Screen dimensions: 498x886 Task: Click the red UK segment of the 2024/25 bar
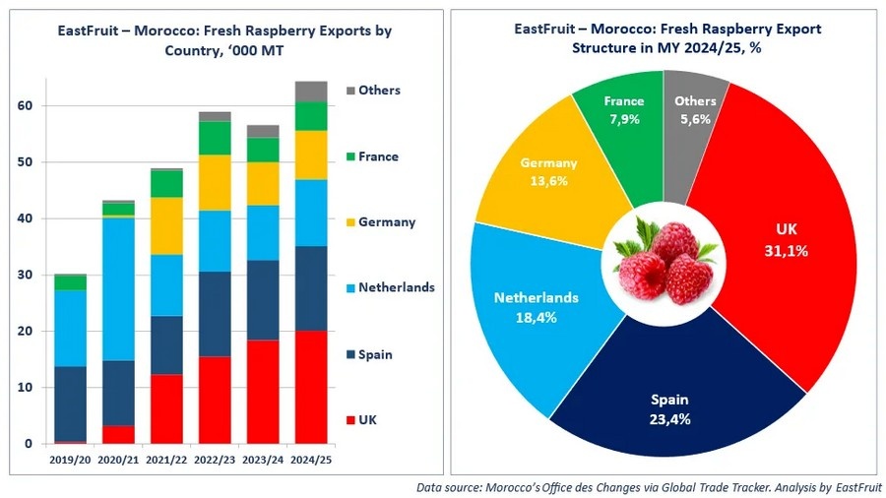pos(311,387)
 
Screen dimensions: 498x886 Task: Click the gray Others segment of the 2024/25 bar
pos(311,92)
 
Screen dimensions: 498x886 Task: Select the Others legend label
pos(379,90)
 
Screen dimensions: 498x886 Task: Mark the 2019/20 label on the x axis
pos(70,460)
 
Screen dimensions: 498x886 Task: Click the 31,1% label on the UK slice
pos(788,251)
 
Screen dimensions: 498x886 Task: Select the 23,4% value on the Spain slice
pos(669,419)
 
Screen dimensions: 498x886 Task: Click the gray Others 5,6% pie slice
pos(694,113)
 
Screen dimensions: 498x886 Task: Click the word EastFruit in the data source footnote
pos(858,486)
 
